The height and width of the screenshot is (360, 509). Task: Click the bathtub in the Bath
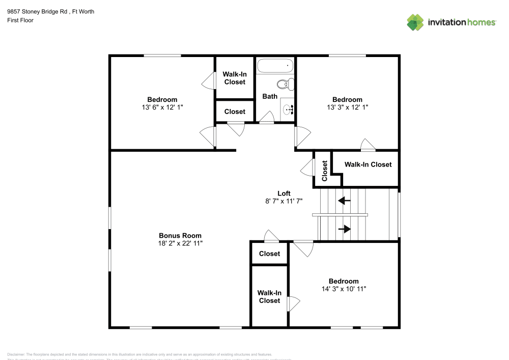pyautogui.click(x=275, y=66)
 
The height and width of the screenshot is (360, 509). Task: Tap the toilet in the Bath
pyautogui.click(x=286, y=84)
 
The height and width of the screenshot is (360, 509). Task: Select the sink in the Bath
pyautogui.click(x=288, y=108)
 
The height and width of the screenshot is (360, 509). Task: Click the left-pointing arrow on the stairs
pyautogui.click(x=344, y=201)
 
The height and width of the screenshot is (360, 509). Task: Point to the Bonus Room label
pyautogui.click(x=180, y=236)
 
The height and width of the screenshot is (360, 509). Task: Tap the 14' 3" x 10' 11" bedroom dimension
pyautogui.click(x=344, y=289)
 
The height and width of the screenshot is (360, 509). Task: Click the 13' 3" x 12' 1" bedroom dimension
pyautogui.click(x=347, y=107)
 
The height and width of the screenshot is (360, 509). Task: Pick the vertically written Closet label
pyautogui.click(x=325, y=171)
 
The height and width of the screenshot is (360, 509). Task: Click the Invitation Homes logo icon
pyautogui.click(x=415, y=22)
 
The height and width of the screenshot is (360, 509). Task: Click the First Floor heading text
pyautogui.click(x=20, y=20)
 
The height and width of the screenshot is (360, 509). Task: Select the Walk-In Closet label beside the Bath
pyautogui.click(x=234, y=78)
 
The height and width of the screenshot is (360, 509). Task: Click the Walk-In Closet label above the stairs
pyautogui.click(x=368, y=164)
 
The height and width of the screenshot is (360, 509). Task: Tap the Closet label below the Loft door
pyautogui.click(x=269, y=254)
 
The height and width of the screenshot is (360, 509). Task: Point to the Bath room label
pyautogui.click(x=270, y=96)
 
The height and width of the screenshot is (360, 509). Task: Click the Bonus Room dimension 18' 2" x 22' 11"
pyautogui.click(x=180, y=244)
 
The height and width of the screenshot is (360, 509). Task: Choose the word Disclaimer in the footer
pyautogui.click(x=16, y=354)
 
